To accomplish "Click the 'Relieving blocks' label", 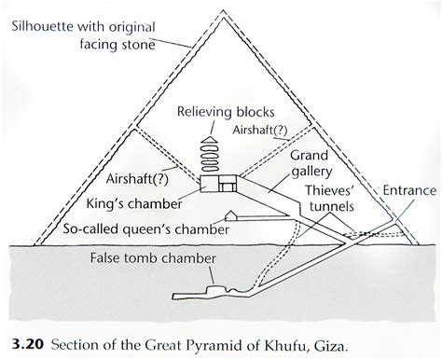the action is click(x=226, y=113).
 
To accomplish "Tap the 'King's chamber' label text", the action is click(x=134, y=204).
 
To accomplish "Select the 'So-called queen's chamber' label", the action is click(x=146, y=229).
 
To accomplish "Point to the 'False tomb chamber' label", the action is click(x=153, y=258).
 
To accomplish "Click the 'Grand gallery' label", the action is click(x=311, y=163).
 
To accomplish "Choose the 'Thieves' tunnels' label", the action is click(x=331, y=199).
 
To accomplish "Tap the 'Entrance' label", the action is click(x=409, y=190).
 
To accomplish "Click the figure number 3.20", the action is click(x=27, y=345).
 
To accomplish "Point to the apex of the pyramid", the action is click(x=223, y=10).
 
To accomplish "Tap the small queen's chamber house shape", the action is click(x=230, y=216).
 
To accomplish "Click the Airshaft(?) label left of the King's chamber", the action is click(x=137, y=179).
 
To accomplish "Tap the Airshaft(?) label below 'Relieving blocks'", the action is click(x=260, y=130).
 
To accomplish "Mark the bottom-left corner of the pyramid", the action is click(x=34, y=245).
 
